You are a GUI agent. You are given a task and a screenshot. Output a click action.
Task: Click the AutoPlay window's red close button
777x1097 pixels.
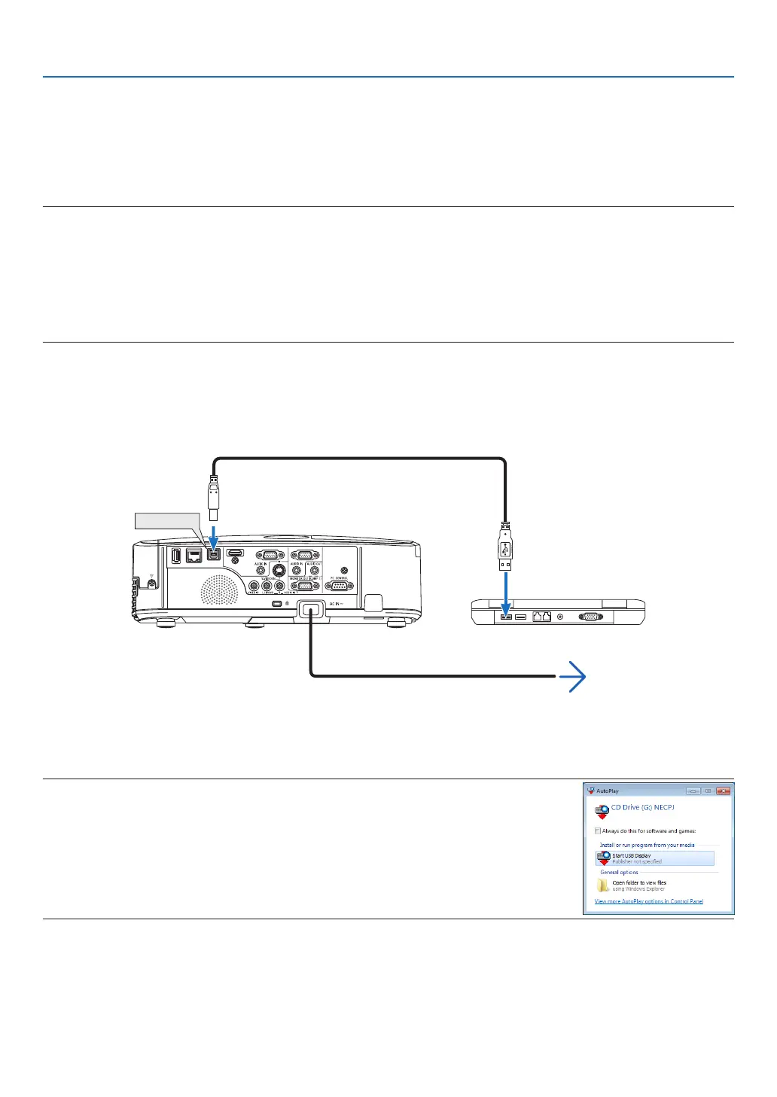point(723,791)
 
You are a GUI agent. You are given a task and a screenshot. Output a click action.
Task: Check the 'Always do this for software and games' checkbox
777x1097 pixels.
point(598,831)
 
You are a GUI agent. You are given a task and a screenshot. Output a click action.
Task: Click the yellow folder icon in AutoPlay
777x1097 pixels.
point(603,885)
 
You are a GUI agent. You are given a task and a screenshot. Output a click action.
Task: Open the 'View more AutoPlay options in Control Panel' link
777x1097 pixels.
point(648,901)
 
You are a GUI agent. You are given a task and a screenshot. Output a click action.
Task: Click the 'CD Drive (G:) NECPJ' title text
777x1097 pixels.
point(642,807)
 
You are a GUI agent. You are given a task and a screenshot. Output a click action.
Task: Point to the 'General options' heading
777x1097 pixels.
point(619,873)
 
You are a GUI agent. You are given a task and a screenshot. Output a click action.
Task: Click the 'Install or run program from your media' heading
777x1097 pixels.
point(647,845)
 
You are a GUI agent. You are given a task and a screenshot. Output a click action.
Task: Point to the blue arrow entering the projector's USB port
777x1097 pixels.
point(214,537)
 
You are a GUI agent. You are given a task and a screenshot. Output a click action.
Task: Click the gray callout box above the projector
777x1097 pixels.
point(166,520)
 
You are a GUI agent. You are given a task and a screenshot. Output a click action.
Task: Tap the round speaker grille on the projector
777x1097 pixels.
point(219,590)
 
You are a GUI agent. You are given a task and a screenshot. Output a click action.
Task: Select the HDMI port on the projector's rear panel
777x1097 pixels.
point(236,553)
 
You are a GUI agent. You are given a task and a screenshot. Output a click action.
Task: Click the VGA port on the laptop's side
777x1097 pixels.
point(590,617)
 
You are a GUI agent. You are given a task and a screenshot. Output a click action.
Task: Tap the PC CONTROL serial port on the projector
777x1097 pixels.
point(340,587)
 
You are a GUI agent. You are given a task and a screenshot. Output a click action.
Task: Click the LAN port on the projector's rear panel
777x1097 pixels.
point(194,556)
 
